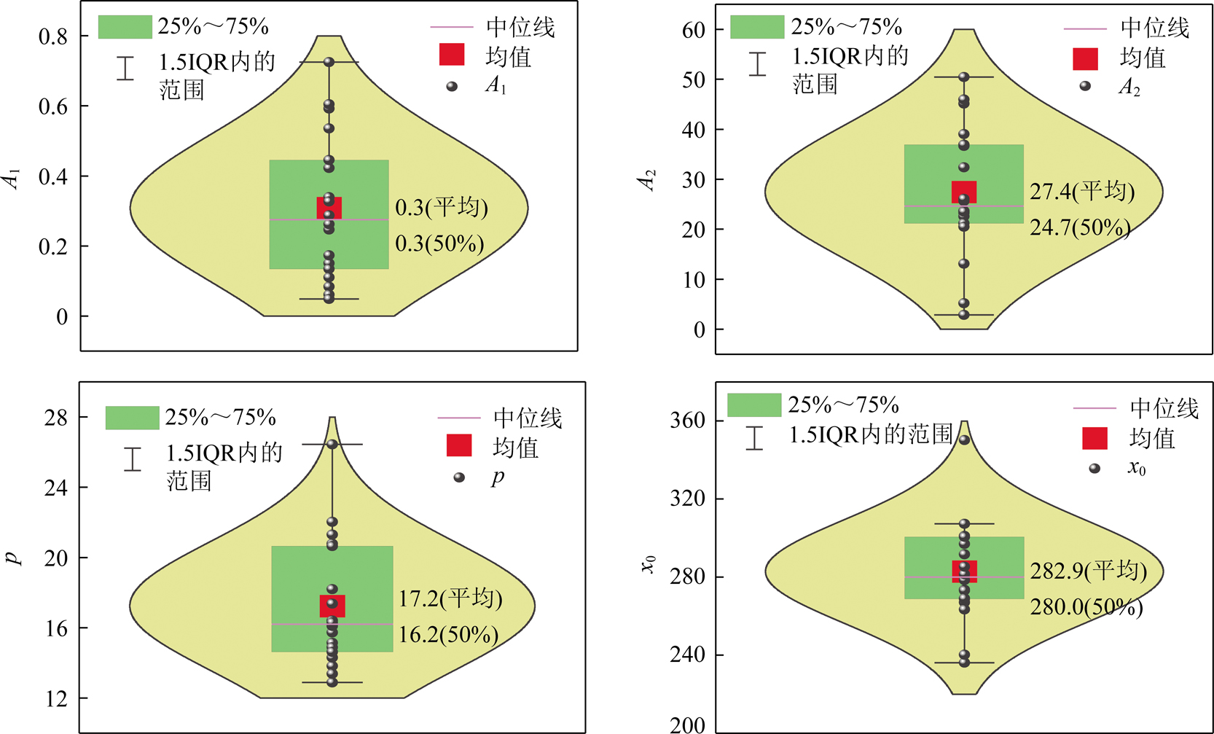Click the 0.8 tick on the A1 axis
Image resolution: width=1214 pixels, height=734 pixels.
click(52, 36)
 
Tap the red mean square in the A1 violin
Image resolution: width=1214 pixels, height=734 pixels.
click(329, 208)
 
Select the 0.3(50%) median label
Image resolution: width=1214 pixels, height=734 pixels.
click(439, 243)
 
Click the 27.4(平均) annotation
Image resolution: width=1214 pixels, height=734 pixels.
click(1082, 192)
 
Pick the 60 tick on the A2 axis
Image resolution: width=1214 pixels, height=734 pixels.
click(693, 30)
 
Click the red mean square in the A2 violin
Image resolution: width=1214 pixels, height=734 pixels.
click(964, 192)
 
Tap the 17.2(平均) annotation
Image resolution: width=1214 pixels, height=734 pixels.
click(450, 599)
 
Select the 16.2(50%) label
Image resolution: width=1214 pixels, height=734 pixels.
click(448, 635)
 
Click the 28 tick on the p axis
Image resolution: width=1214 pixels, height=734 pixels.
click(55, 418)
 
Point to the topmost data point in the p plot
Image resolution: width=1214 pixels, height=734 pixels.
click(332, 444)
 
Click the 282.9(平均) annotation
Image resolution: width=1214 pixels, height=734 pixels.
click(1089, 571)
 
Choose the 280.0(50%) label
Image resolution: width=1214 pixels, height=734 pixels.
click(1086, 606)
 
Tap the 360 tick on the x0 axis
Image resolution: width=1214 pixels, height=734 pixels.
click(687, 421)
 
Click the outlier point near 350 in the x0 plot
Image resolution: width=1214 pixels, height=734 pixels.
click(964, 440)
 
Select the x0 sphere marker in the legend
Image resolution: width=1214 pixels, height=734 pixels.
click(1094, 468)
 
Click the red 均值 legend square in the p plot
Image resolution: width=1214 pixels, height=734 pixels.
click(459, 445)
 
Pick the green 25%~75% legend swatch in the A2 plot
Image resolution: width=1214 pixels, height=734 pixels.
click(756, 27)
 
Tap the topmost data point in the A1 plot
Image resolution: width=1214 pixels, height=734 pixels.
click(329, 62)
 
